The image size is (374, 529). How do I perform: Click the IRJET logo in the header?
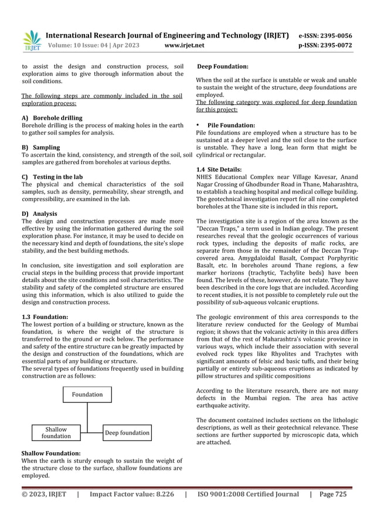tap(30, 39)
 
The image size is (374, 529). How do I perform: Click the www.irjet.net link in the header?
tap(185, 45)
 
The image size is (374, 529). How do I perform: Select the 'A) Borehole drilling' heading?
tap(52, 118)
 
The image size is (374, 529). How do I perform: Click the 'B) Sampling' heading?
tap(40, 147)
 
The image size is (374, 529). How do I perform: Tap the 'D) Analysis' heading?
tap(39, 213)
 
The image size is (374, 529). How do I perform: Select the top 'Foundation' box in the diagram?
tap(87, 395)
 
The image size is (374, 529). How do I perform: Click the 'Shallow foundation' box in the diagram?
tap(56, 433)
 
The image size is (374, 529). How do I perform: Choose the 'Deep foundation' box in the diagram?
tap(127, 433)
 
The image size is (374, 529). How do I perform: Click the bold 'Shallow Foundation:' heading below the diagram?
tap(51, 454)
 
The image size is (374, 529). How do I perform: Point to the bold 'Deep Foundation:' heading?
tap(223, 67)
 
